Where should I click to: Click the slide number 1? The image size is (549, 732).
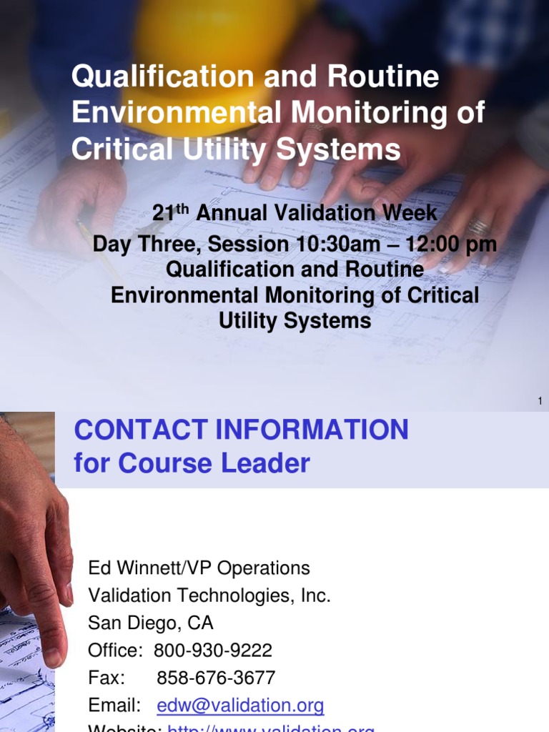point(540,402)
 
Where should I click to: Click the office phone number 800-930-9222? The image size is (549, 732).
point(213,651)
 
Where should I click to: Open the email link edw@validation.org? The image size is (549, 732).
point(240,706)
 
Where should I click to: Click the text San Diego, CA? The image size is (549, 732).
point(150,623)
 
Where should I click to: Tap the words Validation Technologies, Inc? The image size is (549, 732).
point(209,595)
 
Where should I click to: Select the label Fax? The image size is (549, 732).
point(106,678)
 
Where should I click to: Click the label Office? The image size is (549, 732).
point(114,651)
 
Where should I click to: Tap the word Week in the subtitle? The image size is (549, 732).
point(409,213)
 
